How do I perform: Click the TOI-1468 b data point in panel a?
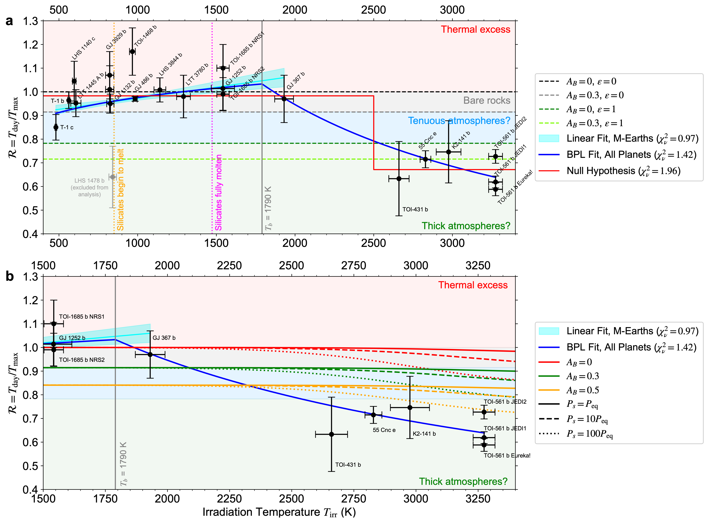[x=132, y=51]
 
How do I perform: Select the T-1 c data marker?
[x=56, y=127]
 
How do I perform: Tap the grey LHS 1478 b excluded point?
[x=112, y=177]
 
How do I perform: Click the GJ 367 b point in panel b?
[x=150, y=354]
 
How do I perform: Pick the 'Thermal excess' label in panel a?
[x=475, y=30]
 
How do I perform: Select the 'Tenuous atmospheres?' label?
[x=459, y=121]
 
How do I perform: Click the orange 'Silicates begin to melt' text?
[x=120, y=190]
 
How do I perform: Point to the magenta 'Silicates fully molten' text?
[x=218, y=193]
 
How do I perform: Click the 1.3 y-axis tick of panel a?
[x=30, y=21]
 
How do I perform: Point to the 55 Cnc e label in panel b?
[x=384, y=430]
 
